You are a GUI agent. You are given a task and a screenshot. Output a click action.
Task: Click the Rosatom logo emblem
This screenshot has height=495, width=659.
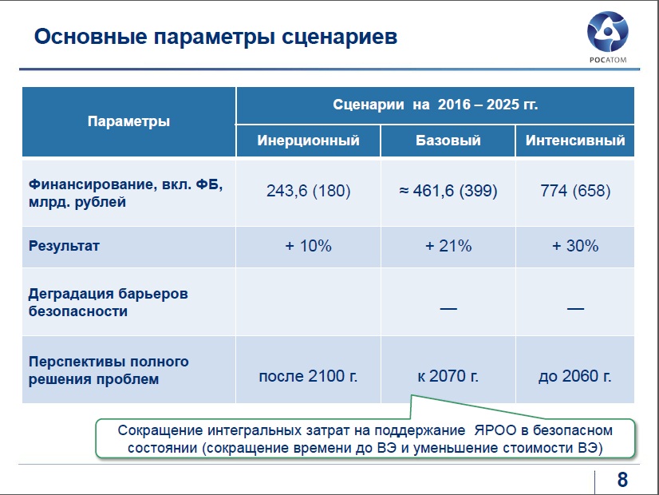607,32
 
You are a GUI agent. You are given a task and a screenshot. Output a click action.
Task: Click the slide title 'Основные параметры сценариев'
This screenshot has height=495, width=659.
215,37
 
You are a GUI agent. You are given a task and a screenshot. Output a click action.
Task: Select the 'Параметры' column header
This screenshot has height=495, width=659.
128,121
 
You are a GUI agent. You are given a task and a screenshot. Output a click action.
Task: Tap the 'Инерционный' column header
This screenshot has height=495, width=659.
309,140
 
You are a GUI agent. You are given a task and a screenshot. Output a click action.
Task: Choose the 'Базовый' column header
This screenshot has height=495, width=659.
448,140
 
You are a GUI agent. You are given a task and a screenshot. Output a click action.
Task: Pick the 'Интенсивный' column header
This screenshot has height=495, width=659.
575,140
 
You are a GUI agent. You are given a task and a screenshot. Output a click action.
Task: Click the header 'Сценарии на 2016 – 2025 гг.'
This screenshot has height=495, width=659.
436,105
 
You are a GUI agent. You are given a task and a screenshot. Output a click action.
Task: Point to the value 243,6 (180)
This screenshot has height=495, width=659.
309,191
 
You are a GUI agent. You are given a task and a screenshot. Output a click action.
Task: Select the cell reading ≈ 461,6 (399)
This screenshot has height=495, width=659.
448,191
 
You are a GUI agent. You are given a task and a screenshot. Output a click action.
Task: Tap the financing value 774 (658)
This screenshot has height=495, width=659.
575,191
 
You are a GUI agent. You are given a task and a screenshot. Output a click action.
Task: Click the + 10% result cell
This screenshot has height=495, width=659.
309,246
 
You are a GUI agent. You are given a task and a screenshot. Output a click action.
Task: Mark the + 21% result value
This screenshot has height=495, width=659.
448,246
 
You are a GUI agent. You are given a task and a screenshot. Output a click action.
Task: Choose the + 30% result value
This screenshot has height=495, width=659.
575,246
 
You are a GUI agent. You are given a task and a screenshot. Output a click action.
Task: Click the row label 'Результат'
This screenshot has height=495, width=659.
64,246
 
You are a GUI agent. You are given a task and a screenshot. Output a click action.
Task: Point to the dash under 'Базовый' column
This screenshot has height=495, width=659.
448,309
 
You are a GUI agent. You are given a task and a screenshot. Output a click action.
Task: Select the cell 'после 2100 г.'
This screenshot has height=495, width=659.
309,376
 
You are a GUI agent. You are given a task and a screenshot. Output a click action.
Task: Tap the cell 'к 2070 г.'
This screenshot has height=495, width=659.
448,376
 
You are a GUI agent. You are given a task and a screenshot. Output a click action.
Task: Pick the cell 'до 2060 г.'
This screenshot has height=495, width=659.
575,376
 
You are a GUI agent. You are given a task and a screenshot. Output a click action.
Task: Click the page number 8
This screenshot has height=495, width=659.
622,480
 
